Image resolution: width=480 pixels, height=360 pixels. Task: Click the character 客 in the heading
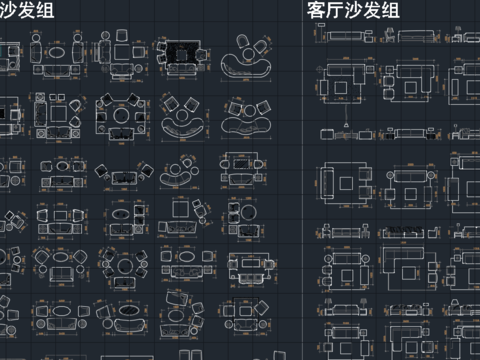coord(317,11)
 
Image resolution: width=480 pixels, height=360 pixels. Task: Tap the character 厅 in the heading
coord(336,11)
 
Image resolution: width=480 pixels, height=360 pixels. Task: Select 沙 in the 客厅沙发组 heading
coord(355,11)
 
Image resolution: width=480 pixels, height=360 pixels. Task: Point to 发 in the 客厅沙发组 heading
coord(374,11)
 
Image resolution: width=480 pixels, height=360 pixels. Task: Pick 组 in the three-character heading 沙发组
coord(43,11)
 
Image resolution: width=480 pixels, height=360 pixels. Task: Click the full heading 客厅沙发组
coord(354,11)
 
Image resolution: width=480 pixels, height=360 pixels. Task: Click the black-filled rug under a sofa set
coord(182,56)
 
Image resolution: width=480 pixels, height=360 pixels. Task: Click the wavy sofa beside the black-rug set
coord(244,67)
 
